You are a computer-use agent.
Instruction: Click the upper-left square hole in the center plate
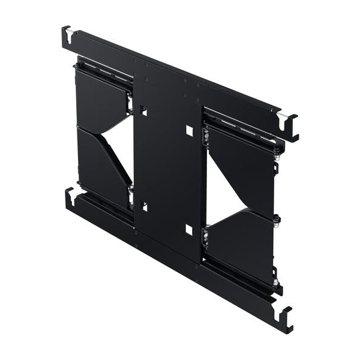point(143,111)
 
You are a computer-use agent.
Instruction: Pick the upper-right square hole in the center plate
point(189,130)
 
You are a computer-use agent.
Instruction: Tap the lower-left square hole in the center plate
point(143,206)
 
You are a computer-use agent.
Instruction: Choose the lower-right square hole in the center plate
point(189,230)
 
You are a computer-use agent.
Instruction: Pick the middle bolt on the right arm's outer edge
point(277,218)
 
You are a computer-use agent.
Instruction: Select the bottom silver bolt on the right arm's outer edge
point(275,281)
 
